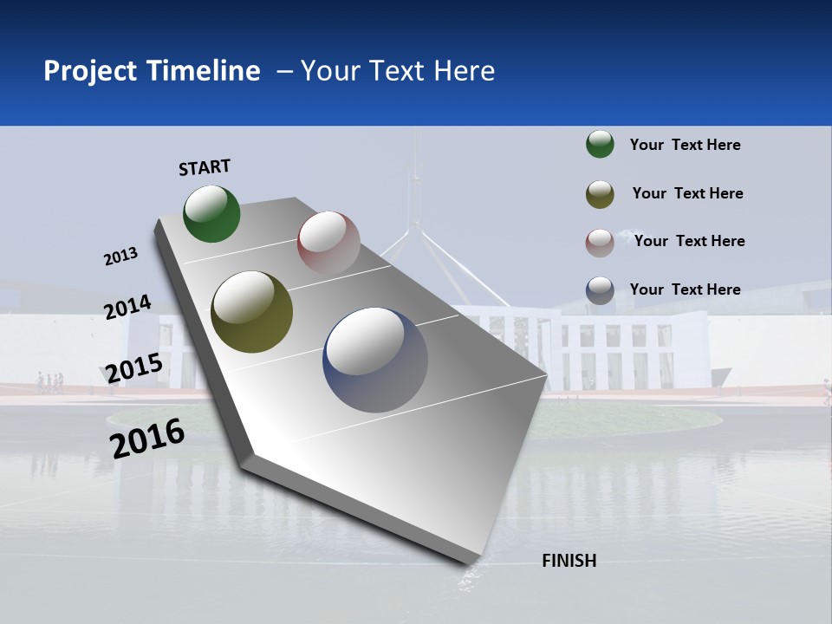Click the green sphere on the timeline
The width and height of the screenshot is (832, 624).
point(211,213)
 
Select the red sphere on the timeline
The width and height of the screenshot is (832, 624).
point(328,243)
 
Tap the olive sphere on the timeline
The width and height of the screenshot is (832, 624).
point(252,312)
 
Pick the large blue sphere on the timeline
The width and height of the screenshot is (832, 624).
point(375,360)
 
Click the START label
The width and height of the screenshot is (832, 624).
point(205,167)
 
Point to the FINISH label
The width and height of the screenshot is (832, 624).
point(569,561)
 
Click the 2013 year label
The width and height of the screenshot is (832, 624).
point(120,256)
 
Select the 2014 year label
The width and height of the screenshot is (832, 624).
point(127,308)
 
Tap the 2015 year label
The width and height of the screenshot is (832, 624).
point(134,368)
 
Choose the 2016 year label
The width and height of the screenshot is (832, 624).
point(147,438)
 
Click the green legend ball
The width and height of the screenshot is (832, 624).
point(600,145)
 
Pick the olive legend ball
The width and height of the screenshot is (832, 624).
point(600,194)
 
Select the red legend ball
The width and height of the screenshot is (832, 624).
point(600,243)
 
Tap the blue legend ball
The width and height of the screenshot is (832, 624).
point(600,290)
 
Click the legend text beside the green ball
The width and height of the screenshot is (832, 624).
point(685,145)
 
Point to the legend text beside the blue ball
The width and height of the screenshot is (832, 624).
point(685,289)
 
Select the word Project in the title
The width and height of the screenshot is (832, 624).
point(90,71)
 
